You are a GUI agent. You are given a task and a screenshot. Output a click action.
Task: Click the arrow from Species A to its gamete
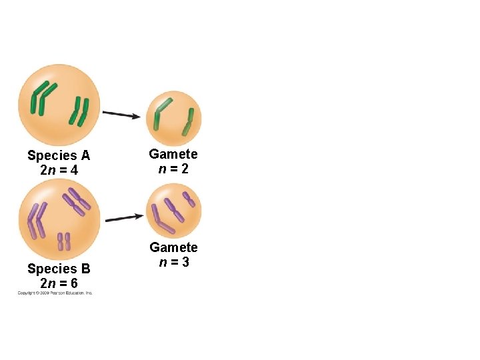(121, 114)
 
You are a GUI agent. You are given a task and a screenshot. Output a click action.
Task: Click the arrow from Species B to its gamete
(125, 217)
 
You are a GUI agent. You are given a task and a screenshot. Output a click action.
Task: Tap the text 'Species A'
(59, 156)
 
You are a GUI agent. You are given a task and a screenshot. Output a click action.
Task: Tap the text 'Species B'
(59, 269)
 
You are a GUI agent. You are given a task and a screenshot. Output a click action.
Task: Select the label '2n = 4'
(59, 171)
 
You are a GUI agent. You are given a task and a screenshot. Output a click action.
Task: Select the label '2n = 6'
(59, 283)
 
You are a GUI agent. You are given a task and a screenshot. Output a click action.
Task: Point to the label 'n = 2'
(173, 169)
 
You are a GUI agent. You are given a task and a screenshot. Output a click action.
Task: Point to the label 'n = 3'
(173, 262)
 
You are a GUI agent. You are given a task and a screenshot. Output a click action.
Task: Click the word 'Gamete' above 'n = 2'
(173, 154)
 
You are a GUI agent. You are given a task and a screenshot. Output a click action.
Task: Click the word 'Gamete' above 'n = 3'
(173, 247)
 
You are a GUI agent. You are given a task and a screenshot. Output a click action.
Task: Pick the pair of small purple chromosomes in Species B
(64, 241)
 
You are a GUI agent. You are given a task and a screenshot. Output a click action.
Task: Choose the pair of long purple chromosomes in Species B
(35, 221)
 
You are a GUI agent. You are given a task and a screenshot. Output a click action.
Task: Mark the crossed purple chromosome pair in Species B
(77, 201)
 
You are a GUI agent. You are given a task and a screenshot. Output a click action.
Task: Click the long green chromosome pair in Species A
(44, 97)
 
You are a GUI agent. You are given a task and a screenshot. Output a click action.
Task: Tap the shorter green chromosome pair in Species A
(79, 111)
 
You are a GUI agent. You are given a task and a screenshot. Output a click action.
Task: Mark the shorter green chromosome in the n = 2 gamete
(189, 123)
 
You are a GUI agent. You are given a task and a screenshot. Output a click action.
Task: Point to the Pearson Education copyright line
(55, 293)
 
